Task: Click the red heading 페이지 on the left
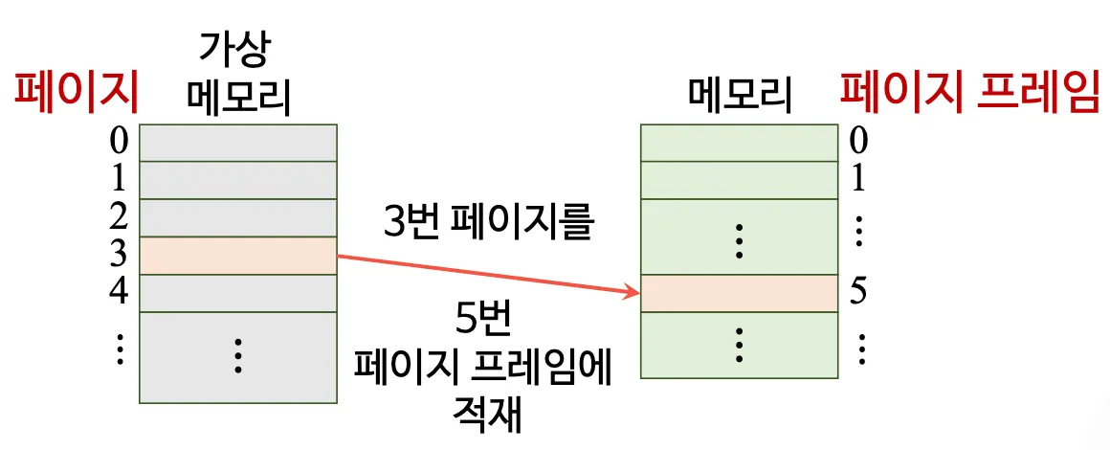click(x=76, y=94)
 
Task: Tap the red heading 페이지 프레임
click(x=968, y=94)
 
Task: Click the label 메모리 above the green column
click(x=739, y=94)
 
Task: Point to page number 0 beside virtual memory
click(x=119, y=142)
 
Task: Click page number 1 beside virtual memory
click(x=119, y=179)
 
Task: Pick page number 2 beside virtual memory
click(x=119, y=216)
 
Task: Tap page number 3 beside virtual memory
click(x=119, y=254)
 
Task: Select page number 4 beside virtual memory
click(x=119, y=291)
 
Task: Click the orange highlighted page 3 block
click(x=238, y=256)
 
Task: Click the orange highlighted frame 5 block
click(x=739, y=293)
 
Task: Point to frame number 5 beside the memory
click(x=858, y=292)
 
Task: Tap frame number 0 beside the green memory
click(x=858, y=142)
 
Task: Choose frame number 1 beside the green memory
click(x=858, y=179)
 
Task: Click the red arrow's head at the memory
click(x=632, y=291)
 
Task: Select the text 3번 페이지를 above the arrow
click(x=488, y=225)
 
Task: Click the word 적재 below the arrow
click(x=488, y=416)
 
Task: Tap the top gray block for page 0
click(x=238, y=143)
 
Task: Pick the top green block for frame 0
click(x=739, y=143)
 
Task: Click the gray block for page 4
click(x=238, y=293)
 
